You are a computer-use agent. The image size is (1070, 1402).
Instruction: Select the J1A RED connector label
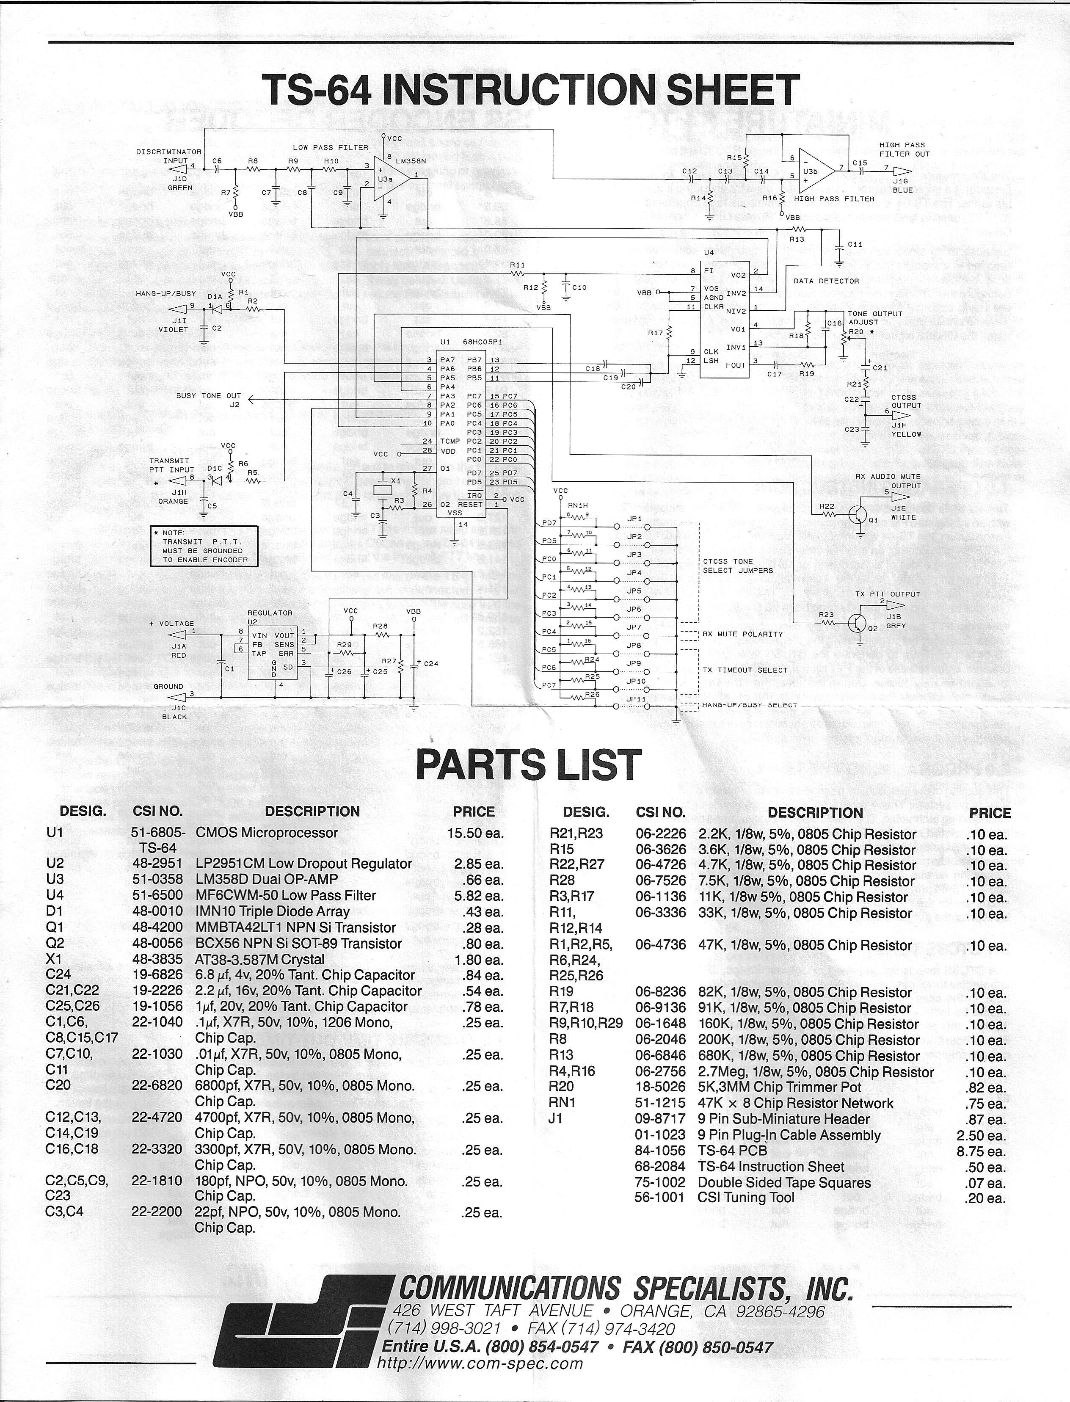178,650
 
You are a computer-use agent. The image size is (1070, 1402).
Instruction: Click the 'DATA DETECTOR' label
826,281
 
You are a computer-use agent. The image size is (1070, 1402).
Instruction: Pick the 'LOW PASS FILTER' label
331,147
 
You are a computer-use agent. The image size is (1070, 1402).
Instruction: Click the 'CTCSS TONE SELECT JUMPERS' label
738,566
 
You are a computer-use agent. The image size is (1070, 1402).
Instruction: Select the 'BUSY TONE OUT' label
208,395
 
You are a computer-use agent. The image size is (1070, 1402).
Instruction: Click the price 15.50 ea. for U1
475,833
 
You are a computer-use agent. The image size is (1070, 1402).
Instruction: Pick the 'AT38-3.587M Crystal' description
260,959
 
